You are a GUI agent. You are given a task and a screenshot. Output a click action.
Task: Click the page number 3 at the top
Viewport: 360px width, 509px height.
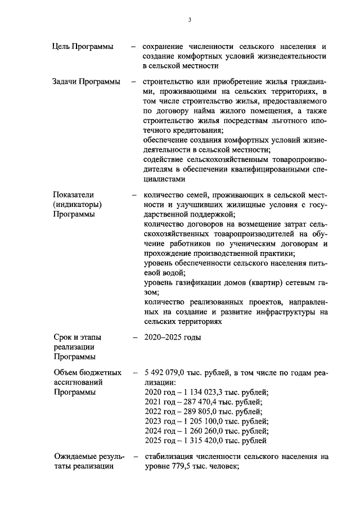(190, 20)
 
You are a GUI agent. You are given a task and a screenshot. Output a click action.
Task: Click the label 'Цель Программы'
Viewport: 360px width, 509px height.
(83, 46)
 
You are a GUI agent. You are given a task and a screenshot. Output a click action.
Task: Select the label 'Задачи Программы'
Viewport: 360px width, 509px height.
(86, 82)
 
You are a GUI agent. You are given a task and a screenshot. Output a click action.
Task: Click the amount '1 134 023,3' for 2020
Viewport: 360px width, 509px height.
(201, 391)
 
